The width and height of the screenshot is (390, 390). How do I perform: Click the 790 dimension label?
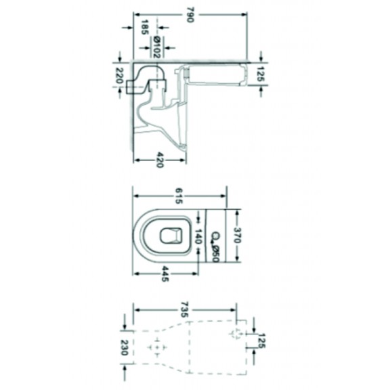(x=190, y=15)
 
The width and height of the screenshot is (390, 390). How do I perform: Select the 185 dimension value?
(x=145, y=27)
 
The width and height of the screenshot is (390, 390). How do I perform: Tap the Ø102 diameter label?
(x=157, y=47)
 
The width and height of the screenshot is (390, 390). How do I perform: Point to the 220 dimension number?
(x=119, y=76)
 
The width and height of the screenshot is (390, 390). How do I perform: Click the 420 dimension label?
(x=160, y=160)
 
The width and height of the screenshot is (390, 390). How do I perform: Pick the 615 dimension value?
(x=179, y=196)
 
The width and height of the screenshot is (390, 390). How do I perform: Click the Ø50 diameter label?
(x=215, y=254)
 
